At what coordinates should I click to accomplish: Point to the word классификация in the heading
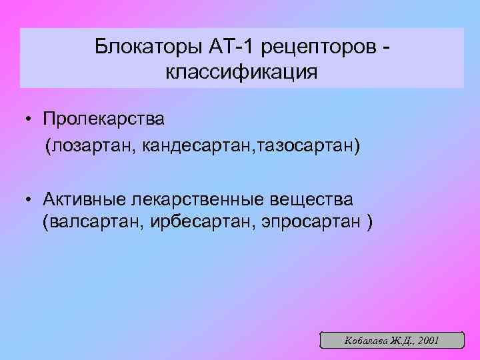coord(242,71)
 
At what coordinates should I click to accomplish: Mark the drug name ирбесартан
coord(204,223)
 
